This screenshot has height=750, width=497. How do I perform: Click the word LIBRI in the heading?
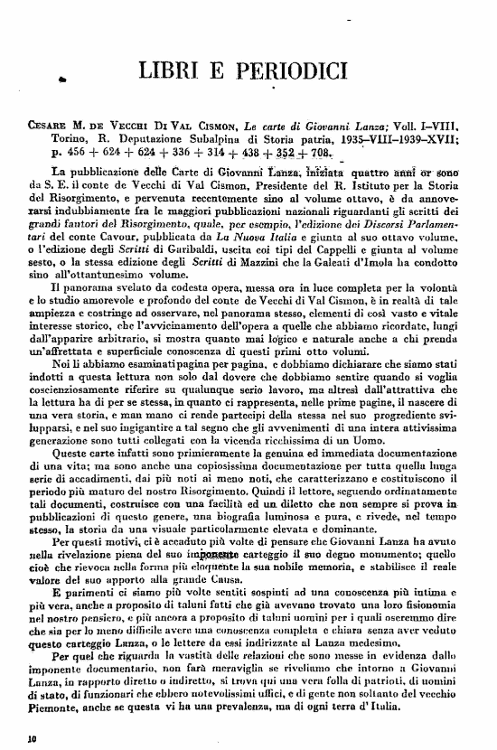(172, 70)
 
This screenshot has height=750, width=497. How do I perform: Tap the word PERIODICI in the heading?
(286, 70)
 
